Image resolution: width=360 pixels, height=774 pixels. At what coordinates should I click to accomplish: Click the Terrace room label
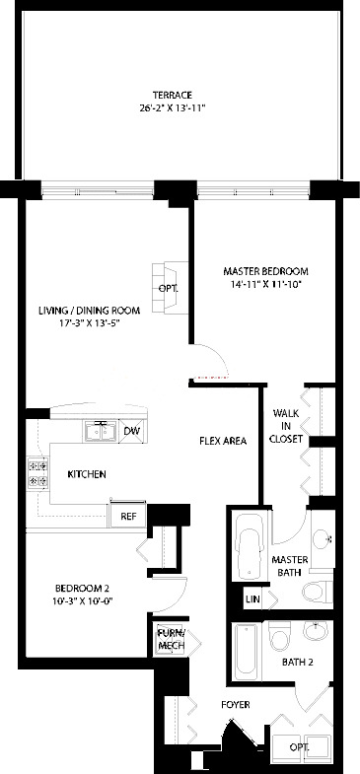pyautogui.click(x=172, y=96)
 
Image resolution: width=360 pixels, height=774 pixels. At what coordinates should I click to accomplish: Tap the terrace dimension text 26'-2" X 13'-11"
pyautogui.click(x=172, y=106)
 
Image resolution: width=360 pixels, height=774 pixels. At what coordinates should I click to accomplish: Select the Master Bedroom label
pyautogui.click(x=265, y=271)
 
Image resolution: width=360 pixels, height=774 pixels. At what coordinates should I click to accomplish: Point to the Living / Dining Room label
pyautogui.click(x=90, y=311)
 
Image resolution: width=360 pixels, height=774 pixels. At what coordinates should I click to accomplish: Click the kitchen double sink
pyautogui.click(x=101, y=432)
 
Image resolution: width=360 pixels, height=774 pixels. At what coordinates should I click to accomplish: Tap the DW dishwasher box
pyautogui.click(x=132, y=431)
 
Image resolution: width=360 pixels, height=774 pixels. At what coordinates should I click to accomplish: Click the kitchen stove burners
pyautogui.click(x=38, y=472)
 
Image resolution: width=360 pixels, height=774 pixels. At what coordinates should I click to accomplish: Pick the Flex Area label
pyautogui.click(x=223, y=441)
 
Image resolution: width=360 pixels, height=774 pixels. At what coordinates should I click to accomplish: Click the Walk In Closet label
pyautogui.click(x=286, y=426)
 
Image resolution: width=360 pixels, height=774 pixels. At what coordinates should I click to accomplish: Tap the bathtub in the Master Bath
pyautogui.click(x=251, y=547)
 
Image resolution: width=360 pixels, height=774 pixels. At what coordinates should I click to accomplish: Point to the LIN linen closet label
pyautogui.click(x=252, y=598)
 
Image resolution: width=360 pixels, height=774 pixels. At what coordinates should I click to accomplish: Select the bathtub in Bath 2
pyautogui.click(x=247, y=652)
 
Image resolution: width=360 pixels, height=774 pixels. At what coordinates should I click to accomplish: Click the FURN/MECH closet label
pyautogui.click(x=171, y=639)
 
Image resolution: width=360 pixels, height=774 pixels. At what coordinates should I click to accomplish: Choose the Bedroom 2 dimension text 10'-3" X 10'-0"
pyautogui.click(x=82, y=600)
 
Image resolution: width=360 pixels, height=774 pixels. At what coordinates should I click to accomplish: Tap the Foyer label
pyautogui.click(x=235, y=705)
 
